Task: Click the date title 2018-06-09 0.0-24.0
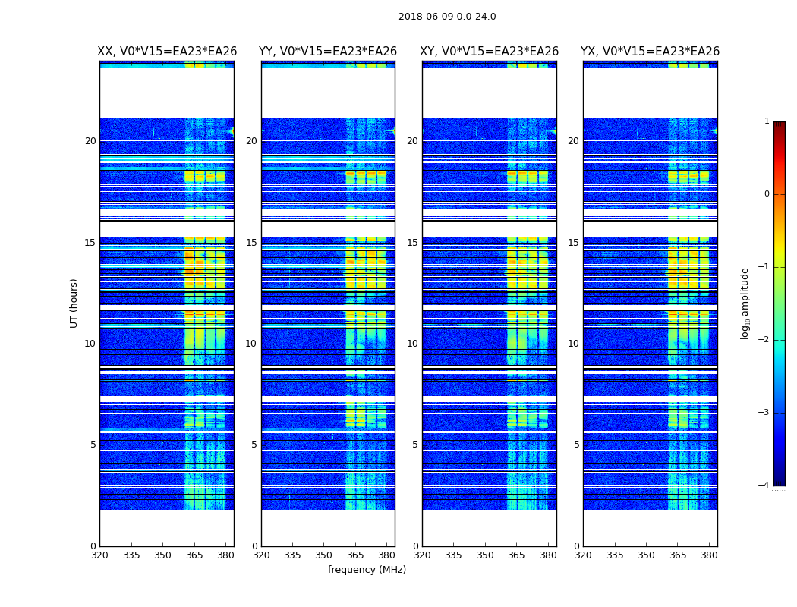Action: (x=447, y=17)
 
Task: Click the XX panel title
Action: (x=167, y=52)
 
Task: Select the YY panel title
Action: (x=328, y=52)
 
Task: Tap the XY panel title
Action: (x=490, y=52)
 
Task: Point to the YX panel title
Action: (x=650, y=52)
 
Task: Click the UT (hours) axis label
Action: (x=74, y=303)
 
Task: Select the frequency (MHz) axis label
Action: (x=367, y=570)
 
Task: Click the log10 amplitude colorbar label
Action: (x=745, y=303)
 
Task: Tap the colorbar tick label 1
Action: (x=767, y=121)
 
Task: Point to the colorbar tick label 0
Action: (x=767, y=194)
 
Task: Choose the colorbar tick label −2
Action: (x=764, y=340)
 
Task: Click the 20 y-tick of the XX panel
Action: (x=90, y=141)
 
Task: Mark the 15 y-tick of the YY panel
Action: (x=251, y=243)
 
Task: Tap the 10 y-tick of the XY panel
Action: (x=412, y=344)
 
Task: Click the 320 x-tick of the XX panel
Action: (x=99, y=555)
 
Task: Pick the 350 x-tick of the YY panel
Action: (x=324, y=555)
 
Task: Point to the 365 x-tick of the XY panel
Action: (x=516, y=555)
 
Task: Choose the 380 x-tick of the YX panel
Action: (x=709, y=555)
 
